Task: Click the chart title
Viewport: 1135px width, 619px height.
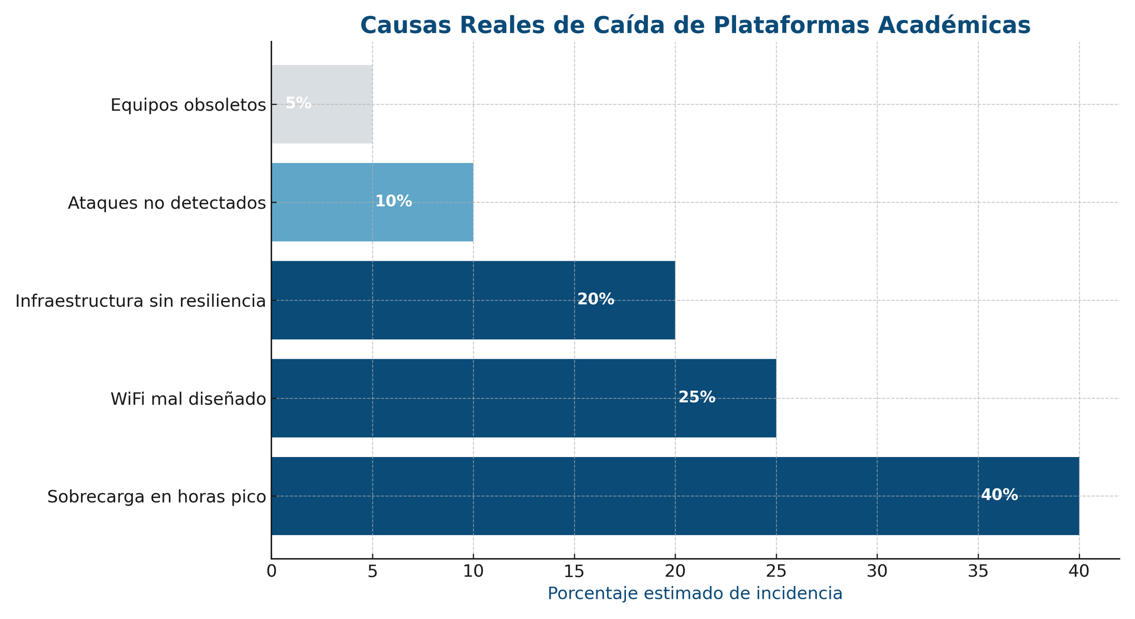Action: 695,26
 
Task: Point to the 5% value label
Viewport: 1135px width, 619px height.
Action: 298,103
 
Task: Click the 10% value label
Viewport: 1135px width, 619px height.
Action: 394,202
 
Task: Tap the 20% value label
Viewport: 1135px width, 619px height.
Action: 596,300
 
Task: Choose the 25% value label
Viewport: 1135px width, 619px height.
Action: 697,397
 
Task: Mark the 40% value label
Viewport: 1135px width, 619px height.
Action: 1000,495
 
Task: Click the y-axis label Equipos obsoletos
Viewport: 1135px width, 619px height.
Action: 188,105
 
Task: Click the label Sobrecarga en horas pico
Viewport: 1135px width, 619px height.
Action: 157,497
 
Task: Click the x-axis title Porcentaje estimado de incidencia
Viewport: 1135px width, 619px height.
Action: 695,594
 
